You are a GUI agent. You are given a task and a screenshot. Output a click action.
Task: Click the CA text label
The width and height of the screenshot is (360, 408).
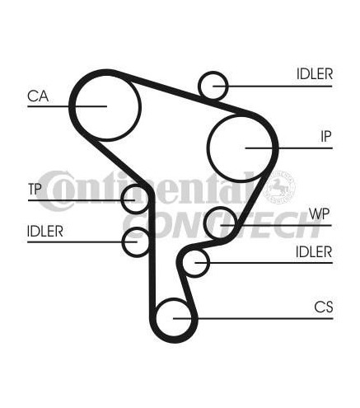(38, 96)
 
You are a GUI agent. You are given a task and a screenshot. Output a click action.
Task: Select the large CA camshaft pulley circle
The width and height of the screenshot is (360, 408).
(75, 107)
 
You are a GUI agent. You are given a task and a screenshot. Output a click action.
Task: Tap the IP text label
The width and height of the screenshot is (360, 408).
(326, 137)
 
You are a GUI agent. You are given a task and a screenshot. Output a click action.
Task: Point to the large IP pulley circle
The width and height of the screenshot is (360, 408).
(208, 148)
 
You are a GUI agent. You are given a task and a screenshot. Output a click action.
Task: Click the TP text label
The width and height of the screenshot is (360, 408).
(35, 189)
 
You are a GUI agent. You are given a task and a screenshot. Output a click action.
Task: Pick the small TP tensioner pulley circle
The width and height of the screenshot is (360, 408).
(122, 199)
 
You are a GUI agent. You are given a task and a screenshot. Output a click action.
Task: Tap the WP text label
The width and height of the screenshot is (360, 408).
(319, 213)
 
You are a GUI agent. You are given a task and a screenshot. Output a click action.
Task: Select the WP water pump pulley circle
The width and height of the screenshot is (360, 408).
(205, 223)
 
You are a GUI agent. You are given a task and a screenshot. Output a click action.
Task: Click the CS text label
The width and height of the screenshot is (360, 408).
(324, 307)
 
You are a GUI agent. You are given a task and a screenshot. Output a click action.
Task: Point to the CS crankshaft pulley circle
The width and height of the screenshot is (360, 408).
(157, 318)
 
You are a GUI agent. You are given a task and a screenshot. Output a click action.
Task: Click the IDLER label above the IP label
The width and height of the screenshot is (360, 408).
(315, 74)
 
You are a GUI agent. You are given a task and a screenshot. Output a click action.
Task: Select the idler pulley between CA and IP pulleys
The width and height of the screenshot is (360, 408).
(199, 86)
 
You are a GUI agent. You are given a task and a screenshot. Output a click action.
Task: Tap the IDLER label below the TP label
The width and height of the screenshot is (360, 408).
(45, 232)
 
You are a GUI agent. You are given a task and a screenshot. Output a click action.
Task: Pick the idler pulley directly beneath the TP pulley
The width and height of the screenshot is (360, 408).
(123, 242)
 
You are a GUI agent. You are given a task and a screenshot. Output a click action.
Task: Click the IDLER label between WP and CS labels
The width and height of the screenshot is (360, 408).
(314, 252)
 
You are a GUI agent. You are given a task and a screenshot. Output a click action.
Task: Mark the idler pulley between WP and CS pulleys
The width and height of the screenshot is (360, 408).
(183, 263)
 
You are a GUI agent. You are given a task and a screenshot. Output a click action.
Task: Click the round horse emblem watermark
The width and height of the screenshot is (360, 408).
(279, 187)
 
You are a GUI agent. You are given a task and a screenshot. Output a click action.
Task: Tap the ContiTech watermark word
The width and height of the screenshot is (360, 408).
(222, 225)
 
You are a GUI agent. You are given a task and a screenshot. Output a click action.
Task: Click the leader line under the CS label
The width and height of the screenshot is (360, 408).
(253, 319)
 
